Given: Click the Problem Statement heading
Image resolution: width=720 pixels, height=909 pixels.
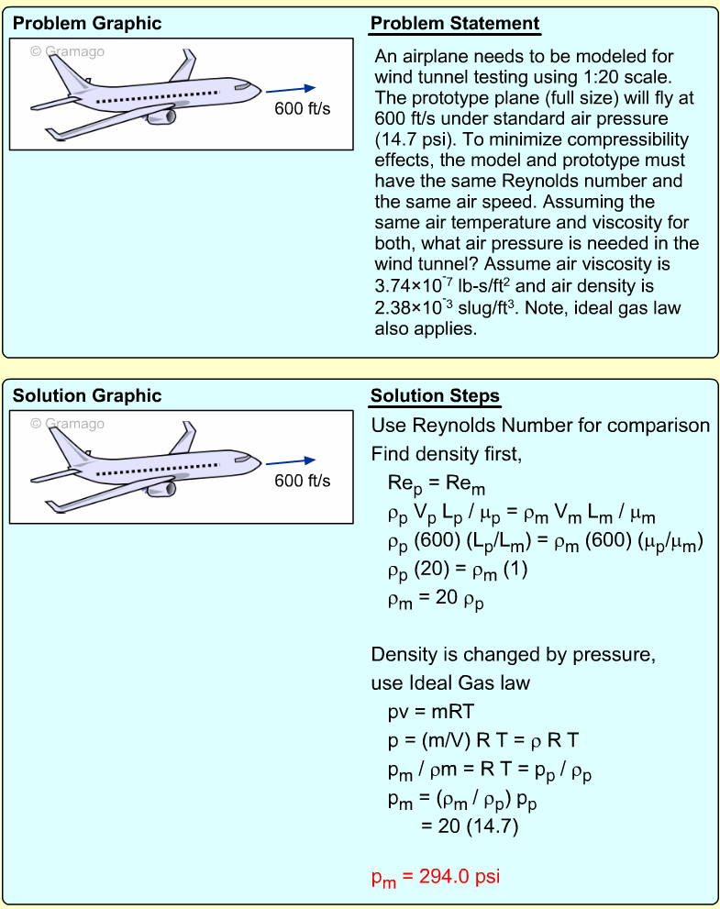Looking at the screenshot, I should [455, 24].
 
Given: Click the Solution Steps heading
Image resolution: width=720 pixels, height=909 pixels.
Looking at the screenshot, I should [435, 396].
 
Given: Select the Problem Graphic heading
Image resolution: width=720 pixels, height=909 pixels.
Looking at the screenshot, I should [86, 24].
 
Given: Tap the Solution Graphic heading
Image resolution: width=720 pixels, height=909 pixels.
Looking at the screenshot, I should [86, 396].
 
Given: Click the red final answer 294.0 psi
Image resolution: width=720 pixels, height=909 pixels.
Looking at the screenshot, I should [435, 876].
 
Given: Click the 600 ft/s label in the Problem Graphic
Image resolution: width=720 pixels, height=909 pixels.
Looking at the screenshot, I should [303, 109].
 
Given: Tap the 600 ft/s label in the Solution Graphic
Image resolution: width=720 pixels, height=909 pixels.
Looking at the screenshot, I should [303, 482].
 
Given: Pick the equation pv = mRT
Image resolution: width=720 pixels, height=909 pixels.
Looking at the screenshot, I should [428, 711].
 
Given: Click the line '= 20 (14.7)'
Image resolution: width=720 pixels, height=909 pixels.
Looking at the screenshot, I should [470, 826].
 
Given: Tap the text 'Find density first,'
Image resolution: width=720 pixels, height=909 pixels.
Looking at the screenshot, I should [446, 454].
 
